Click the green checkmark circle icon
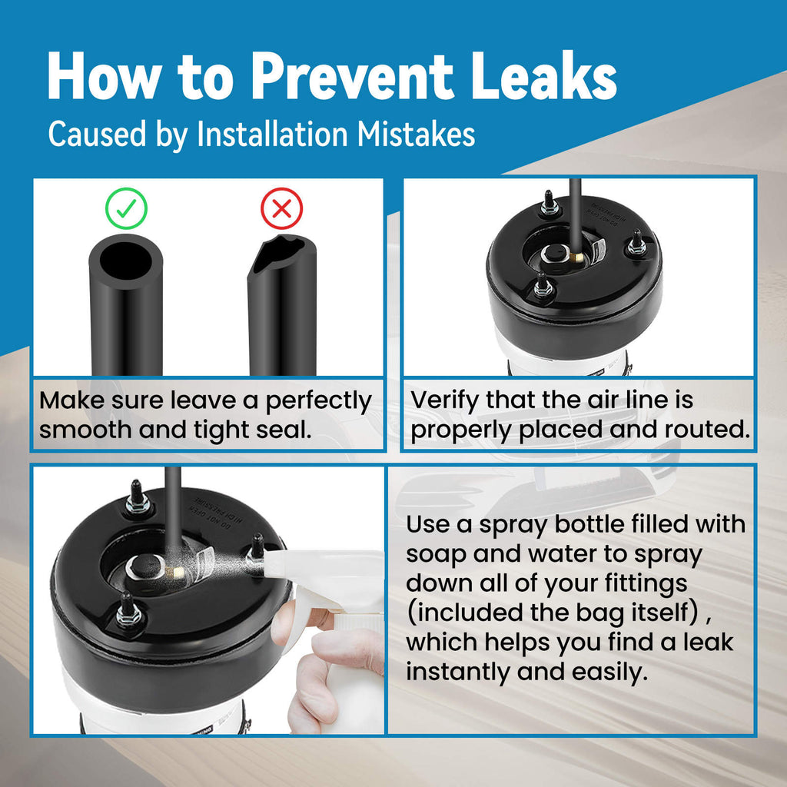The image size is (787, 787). [126, 208]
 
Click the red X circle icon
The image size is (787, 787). [281, 208]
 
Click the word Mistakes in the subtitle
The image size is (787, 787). [416, 134]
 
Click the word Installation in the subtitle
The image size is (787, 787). [272, 134]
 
